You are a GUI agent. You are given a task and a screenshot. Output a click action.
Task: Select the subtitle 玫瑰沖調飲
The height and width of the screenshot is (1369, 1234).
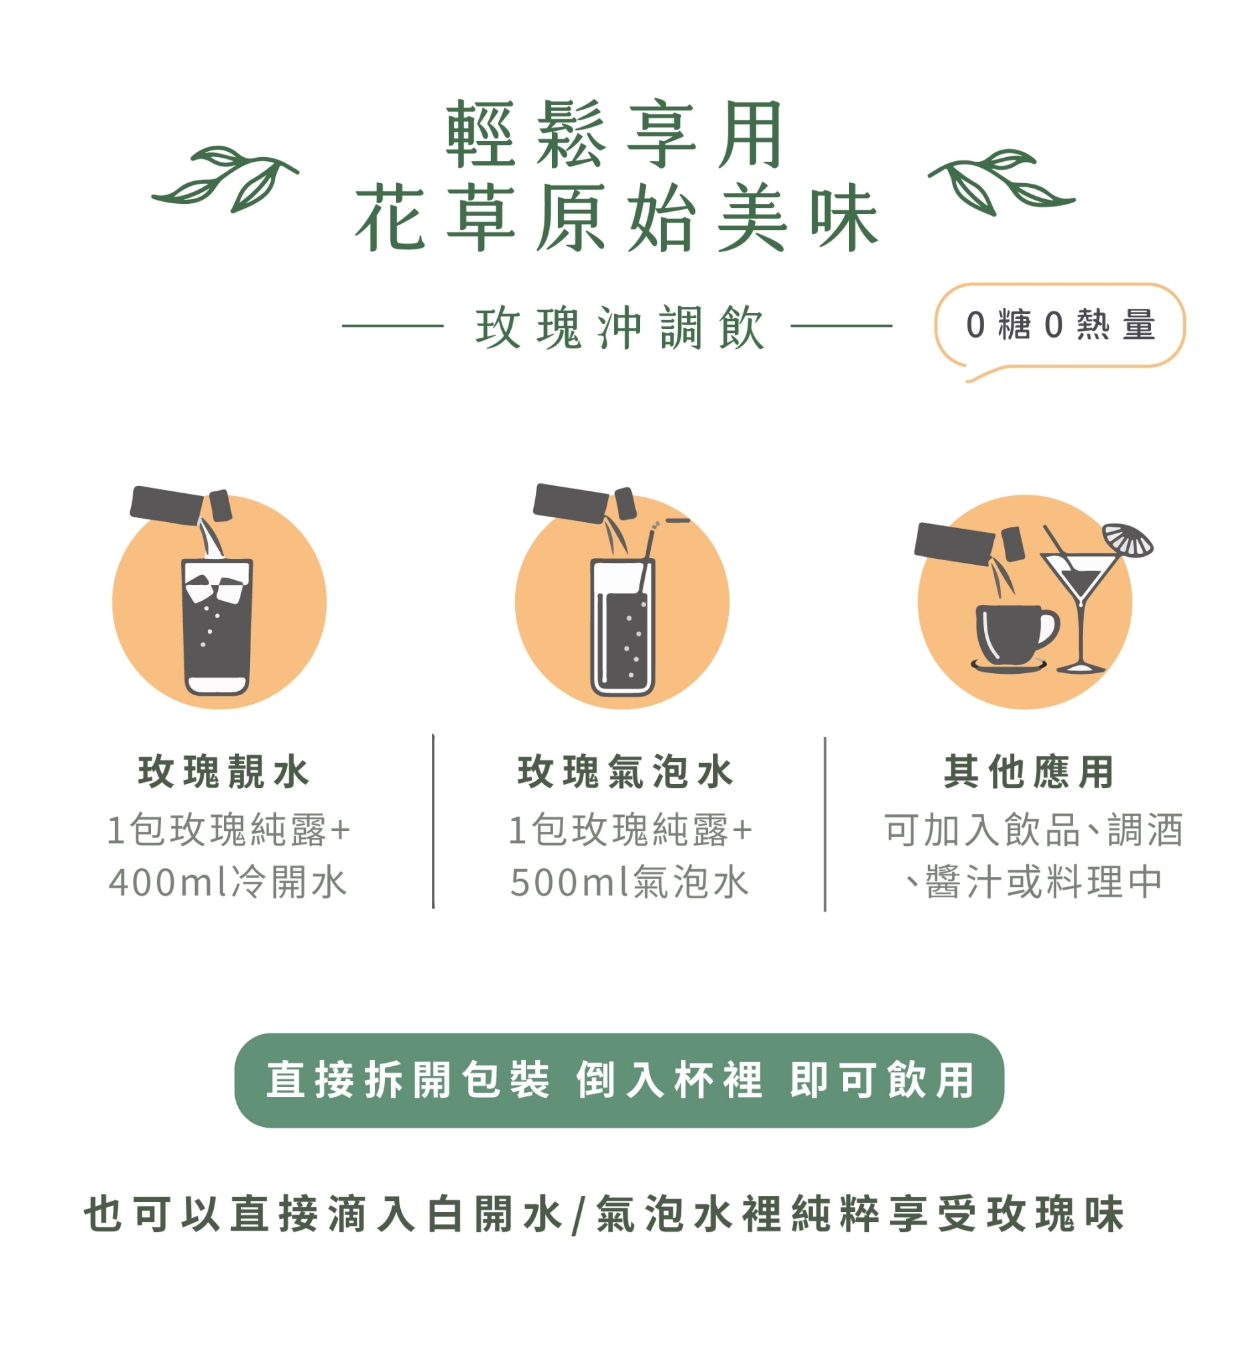point(620,328)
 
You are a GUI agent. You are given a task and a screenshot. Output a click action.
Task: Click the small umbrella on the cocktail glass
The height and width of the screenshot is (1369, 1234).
point(1127,540)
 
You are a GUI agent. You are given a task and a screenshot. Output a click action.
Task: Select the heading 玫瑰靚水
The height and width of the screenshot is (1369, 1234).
point(224,772)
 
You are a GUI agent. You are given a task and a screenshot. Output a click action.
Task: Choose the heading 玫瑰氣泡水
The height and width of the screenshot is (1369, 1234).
point(625,772)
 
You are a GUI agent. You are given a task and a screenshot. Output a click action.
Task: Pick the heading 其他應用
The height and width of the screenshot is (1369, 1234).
point(1029,772)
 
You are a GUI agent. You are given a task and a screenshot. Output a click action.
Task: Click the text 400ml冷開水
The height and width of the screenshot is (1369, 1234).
point(228,882)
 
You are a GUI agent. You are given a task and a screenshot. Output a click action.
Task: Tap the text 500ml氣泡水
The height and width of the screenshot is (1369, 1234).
point(629,882)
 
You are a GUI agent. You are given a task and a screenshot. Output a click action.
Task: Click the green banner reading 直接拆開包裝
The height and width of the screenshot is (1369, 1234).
point(619,1081)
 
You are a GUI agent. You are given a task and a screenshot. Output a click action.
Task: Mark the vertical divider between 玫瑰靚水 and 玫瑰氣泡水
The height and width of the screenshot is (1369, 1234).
point(433,821)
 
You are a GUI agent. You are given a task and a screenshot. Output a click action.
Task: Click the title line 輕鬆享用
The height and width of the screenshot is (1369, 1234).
point(615,134)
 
